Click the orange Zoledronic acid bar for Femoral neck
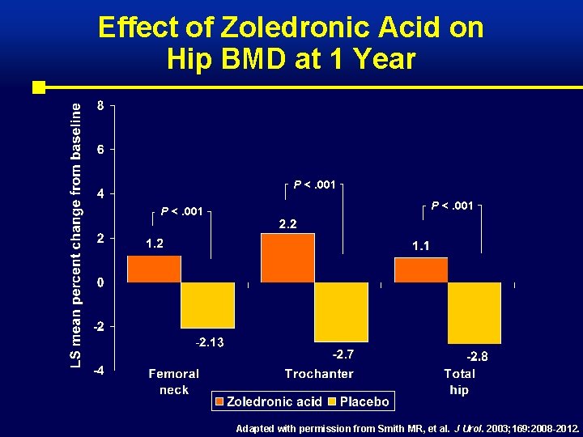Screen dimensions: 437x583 (154, 269)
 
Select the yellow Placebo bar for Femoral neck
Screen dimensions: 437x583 (207, 305)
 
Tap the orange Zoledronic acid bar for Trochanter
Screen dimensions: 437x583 (287, 257)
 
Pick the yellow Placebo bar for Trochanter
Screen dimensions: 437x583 (341, 312)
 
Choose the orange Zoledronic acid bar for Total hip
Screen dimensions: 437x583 (421, 269)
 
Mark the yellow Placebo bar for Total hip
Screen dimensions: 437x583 (474, 312)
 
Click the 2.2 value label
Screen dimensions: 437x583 (287, 224)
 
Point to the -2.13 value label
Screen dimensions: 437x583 (210, 342)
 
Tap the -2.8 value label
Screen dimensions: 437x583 (477, 356)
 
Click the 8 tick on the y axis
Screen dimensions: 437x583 (99, 105)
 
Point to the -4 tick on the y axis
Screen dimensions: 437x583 (96, 371)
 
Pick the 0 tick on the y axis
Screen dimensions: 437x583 (99, 282)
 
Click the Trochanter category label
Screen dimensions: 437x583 (319, 374)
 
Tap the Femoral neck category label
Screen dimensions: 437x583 (173, 381)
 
